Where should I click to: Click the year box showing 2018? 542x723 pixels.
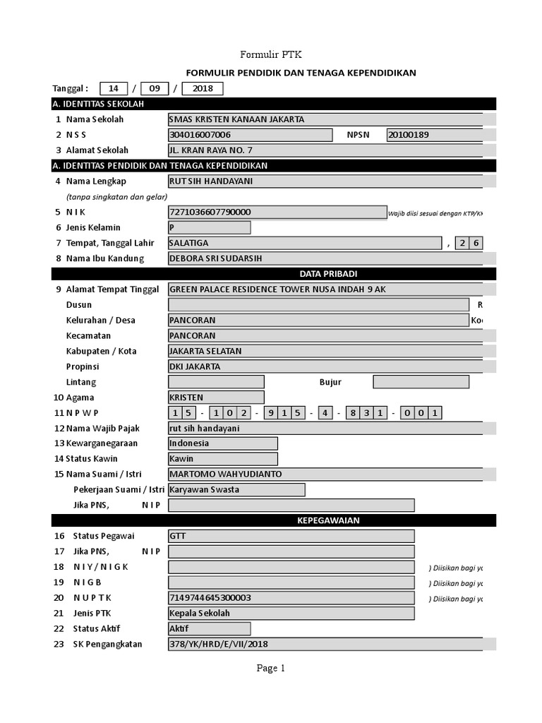(203, 89)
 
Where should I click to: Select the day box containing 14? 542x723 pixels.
(113, 89)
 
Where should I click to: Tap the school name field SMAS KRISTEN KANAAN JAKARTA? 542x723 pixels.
(325, 119)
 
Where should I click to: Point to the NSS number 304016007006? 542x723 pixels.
(250, 135)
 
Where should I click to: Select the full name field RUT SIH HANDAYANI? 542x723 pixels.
(325, 181)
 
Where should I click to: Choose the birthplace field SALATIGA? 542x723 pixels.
(304, 243)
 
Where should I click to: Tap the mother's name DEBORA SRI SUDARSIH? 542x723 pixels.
(325, 258)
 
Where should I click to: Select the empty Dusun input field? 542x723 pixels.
(318, 304)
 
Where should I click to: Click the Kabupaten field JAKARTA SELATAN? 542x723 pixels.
(325, 351)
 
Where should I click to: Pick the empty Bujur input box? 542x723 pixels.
(421, 382)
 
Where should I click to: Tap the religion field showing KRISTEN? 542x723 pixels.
(216, 398)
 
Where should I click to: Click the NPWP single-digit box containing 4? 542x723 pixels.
(325, 413)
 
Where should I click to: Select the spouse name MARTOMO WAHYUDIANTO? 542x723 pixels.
(325, 474)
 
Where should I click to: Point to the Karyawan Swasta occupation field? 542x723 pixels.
(236, 490)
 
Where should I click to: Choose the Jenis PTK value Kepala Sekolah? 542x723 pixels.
(291, 613)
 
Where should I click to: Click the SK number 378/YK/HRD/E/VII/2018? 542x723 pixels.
(325, 644)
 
